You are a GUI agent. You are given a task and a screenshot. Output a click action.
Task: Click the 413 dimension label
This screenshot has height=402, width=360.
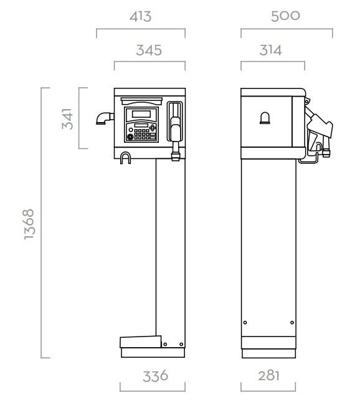click(140, 16)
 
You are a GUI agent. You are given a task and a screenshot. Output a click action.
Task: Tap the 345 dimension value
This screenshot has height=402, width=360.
click(149, 50)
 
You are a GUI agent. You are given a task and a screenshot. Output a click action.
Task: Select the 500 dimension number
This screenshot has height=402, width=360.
click(285, 16)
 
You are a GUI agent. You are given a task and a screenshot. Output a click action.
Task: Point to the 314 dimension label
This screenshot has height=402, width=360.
click(270, 50)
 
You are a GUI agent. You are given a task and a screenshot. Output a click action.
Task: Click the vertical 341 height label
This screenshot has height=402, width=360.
click(68, 118)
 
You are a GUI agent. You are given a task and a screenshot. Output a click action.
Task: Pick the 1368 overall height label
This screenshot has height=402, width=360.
click(29, 224)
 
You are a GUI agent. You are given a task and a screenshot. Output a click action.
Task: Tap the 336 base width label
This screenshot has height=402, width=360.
click(155, 376)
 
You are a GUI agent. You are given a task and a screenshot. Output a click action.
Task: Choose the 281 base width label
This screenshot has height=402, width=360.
click(268, 376)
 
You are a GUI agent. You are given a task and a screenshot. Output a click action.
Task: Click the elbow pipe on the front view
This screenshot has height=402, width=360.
click(105, 118)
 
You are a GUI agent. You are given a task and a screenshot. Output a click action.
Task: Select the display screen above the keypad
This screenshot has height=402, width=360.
click(141, 114)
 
